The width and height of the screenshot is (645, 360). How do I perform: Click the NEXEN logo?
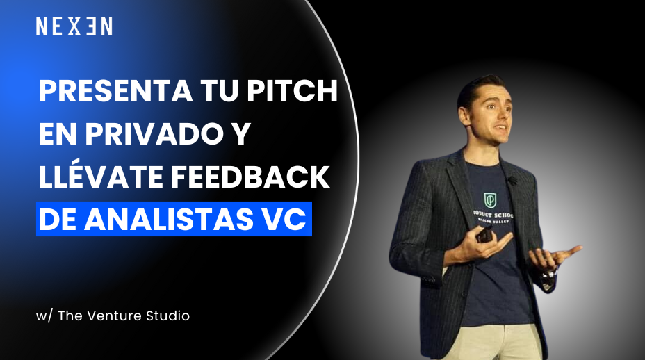coord(74,26)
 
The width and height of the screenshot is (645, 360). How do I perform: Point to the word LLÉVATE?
coord(101,178)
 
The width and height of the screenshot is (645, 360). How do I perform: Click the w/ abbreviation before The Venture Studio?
coord(44,316)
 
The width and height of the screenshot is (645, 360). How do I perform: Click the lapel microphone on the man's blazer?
coord(513,181)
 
